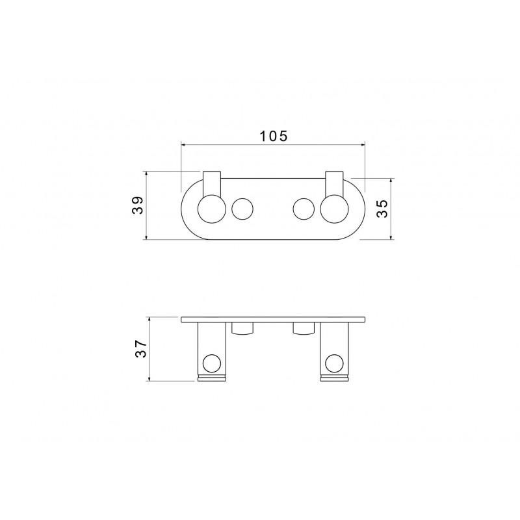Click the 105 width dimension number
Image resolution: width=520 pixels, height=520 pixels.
(273, 136)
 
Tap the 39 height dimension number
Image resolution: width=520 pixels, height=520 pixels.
(138, 205)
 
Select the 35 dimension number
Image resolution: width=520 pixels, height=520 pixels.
(382, 208)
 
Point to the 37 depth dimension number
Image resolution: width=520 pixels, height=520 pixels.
(140, 348)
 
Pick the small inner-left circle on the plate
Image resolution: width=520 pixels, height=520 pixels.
(242, 209)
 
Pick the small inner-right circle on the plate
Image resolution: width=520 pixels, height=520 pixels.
(304, 209)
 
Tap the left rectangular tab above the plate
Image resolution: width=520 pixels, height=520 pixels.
(212, 183)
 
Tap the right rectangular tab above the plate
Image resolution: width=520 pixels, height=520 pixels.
(334, 183)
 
